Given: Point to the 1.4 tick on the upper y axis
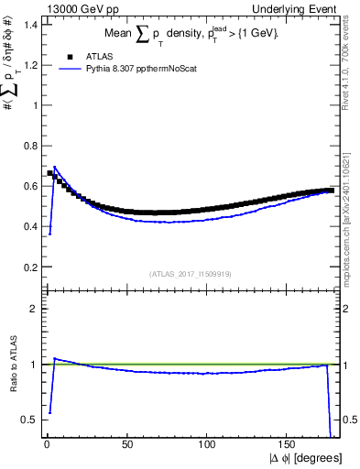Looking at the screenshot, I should pos(30,23).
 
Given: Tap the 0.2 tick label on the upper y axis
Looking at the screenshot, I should pos(30,267).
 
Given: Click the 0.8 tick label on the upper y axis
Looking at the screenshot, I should pos(30,145).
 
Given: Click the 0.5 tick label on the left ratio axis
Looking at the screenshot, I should pos(30,420).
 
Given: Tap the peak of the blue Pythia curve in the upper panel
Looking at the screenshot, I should pos(55,167).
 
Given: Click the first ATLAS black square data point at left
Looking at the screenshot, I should pos(49,172).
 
